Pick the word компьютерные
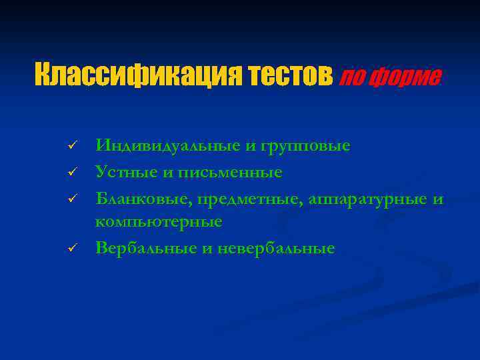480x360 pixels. coord(159,221)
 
